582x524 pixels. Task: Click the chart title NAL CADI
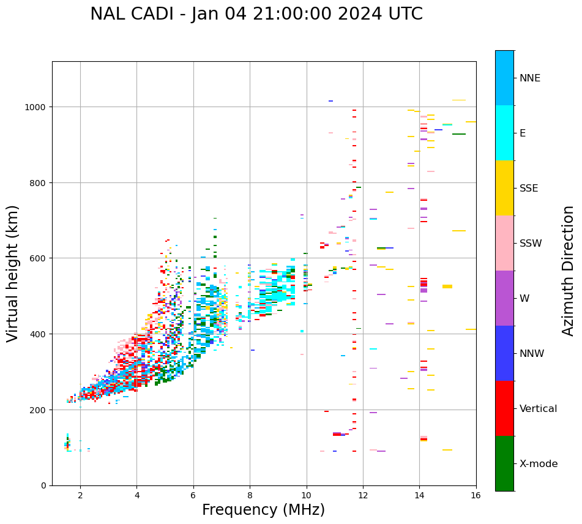click(256, 14)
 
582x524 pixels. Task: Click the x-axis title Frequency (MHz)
click(263, 510)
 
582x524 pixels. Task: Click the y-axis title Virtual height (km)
click(13, 273)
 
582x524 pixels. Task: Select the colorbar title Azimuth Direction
click(569, 271)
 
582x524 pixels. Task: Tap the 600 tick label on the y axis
click(40, 258)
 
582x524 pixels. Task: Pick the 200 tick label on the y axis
click(40, 410)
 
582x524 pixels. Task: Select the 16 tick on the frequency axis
click(476, 495)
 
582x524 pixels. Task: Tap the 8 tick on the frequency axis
click(250, 495)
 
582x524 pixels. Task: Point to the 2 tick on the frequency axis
click(80, 495)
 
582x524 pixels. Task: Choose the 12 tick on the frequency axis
click(363, 495)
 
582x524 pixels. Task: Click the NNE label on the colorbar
click(530, 78)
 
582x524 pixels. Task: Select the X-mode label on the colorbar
click(539, 463)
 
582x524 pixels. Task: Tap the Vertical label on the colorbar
click(539, 408)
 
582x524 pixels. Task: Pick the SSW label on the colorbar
click(531, 243)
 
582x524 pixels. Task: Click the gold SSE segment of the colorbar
click(504, 188)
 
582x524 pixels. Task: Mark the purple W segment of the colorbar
click(504, 298)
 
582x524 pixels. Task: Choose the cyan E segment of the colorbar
click(504, 133)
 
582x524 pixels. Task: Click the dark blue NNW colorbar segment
click(504, 353)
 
